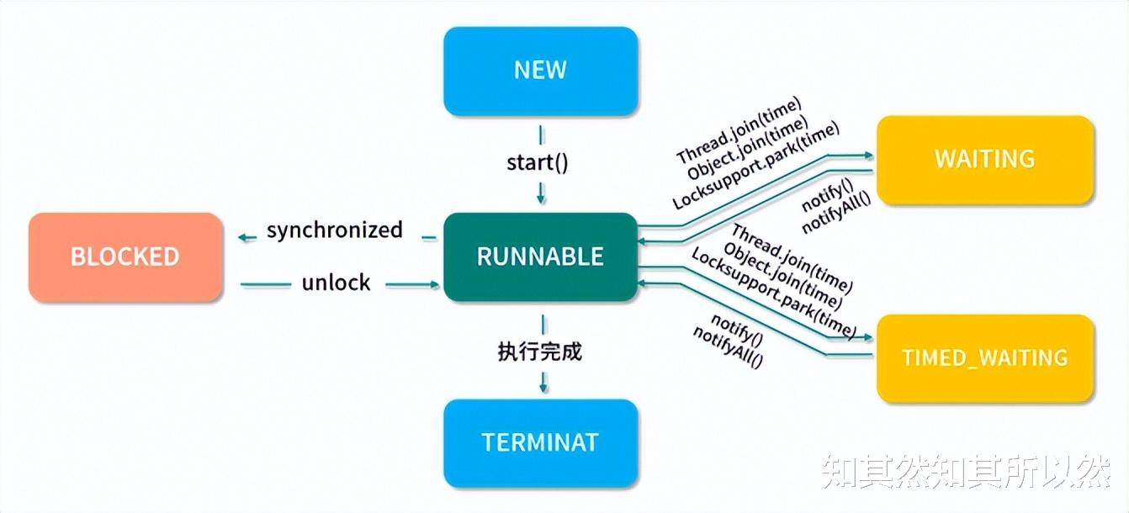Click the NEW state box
[541, 71]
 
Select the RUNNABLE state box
[541, 256]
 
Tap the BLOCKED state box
[125, 257]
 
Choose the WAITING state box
[985, 159]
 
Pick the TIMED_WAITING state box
[985, 358]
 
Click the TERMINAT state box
[541, 443]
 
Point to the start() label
[538, 162]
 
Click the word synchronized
[335, 230]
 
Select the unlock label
[336, 283]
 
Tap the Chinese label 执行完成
[540, 352]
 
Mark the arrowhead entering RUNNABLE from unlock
[433, 285]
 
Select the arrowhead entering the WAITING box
[868, 156]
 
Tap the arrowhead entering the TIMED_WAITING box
[867, 337]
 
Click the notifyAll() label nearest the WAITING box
[837, 213]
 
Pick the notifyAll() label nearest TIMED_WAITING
[728, 346]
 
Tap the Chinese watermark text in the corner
[966, 472]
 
